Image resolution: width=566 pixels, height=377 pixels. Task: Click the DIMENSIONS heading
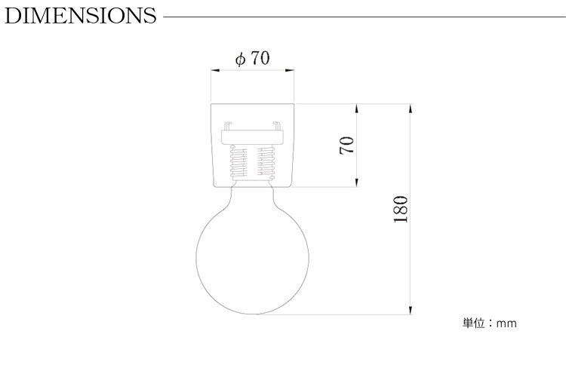point(81,16)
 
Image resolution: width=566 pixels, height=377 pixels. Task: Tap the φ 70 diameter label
point(252,58)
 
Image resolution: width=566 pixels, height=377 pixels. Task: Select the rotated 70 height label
point(347,145)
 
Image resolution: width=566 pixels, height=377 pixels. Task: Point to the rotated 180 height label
point(401,210)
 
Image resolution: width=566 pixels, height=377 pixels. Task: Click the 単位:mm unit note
point(490,323)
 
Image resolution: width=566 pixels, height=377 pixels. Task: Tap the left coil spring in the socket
point(238,163)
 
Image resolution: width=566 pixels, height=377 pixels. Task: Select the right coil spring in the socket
point(266,163)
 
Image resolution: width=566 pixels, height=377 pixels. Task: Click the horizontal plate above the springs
point(252,136)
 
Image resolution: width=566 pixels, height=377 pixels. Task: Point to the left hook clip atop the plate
point(228,126)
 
